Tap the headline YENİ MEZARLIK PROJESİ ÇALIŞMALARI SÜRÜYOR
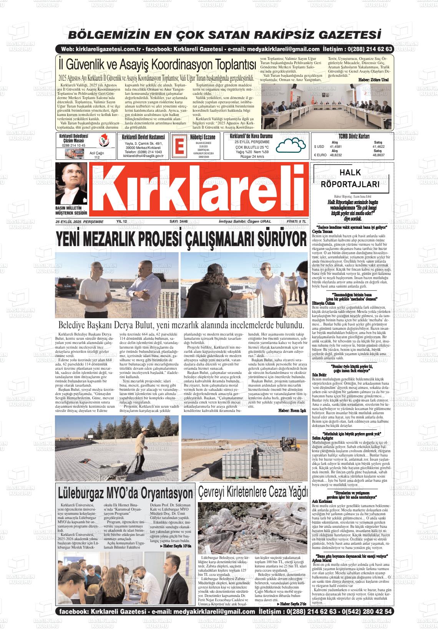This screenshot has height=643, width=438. pos(181,240)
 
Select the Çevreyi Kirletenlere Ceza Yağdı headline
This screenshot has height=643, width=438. pos(253,491)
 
